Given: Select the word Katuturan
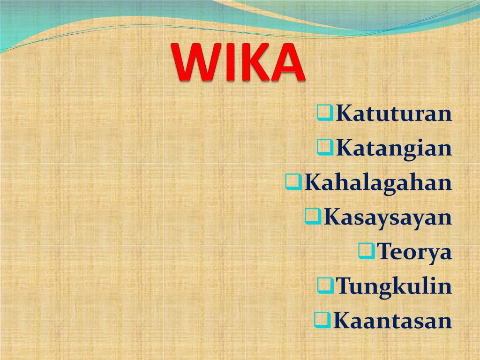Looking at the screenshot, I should coord(394,114).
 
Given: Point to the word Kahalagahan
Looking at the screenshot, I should coord(378,183).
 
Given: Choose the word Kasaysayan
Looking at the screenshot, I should coord(388,217).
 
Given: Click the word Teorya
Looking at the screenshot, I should coord(414,252).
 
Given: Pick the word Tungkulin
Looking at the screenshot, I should coord(394,286).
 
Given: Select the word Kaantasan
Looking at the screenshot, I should coord(392,321).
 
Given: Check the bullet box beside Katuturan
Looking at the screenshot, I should coord(325,112).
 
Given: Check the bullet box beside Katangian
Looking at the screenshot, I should coord(325,147).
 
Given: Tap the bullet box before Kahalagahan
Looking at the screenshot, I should coord(293,181).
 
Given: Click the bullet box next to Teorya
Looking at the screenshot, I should coord(366,250).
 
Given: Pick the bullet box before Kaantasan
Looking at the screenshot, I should coord(322,319).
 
